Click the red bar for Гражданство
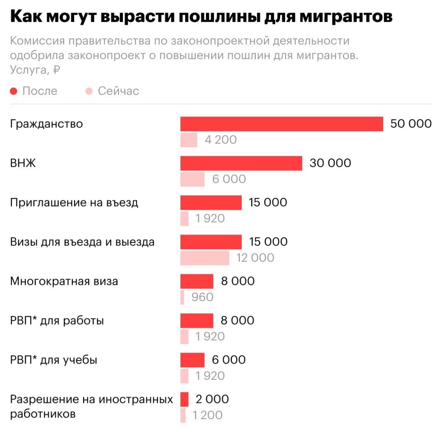click(x=282, y=124)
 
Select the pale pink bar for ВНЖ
click(x=192, y=179)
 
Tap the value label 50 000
click(x=411, y=124)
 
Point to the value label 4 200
click(x=220, y=140)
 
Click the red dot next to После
click(x=14, y=91)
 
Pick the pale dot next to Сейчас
click(x=89, y=91)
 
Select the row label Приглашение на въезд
click(x=74, y=203)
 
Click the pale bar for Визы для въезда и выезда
click(x=205, y=258)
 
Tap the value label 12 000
click(x=255, y=258)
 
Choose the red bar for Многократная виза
click(x=197, y=281)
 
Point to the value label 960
click(x=202, y=297)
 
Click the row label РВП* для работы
click(x=57, y=321)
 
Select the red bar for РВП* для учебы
click(x=193, y=360)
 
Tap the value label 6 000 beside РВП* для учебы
click(x=229, y=360)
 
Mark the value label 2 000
click(x=212, y=399)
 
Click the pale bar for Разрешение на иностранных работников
click(x=183, y=415)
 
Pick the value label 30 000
click(x=330, y=163)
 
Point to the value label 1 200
click(x=208, y=415)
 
